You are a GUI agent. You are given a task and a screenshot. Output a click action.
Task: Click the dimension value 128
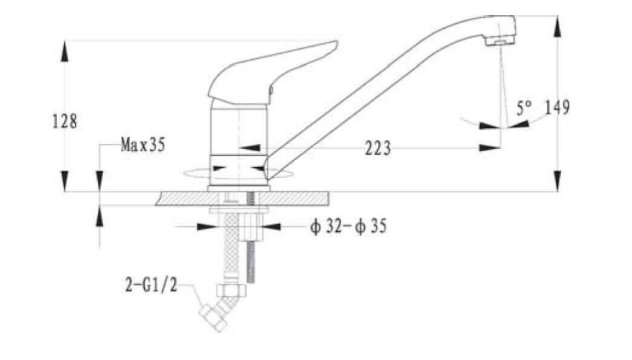pyautogui.click(x=65, y=121)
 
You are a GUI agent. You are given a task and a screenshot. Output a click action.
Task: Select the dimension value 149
pyautogui.click(x=557, y=107)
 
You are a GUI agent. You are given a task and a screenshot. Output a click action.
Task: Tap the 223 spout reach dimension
pyautogui.click(x=378, y=148)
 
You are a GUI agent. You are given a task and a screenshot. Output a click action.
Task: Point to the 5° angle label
pyautogui.click(x=524, y=107)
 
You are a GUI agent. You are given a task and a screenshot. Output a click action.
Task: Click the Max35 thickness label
pyautogui.click(x=143, y=144)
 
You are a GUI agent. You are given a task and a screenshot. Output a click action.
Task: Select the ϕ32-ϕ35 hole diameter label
pyautogui.click(x=348, y=226)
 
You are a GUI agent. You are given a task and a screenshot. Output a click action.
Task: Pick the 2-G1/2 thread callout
pyautogui.click(x=151, y=285)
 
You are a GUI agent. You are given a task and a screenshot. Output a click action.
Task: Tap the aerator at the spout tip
pyautogui.click(x=500, y=40)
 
